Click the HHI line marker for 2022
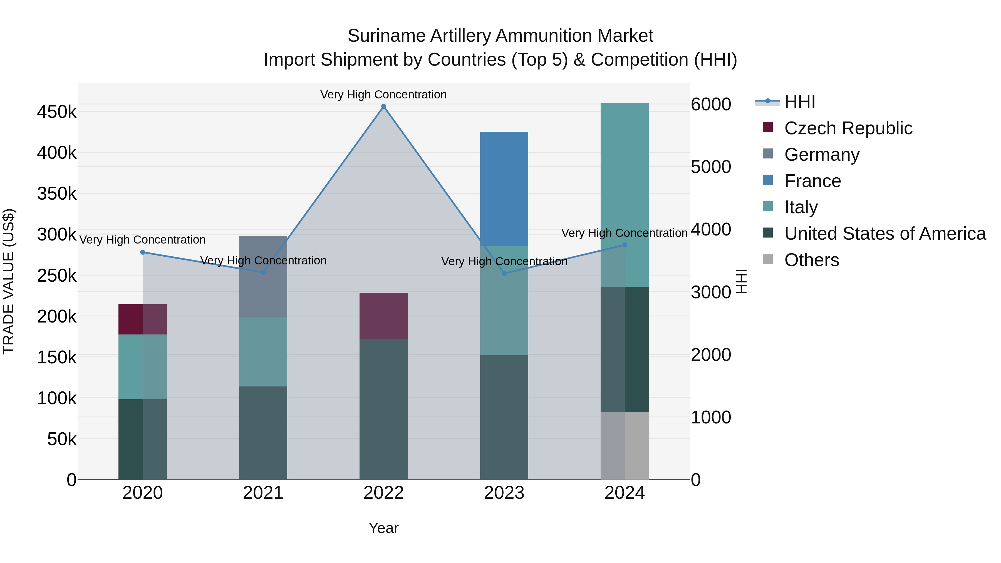383,106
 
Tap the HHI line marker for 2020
143,252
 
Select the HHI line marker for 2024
625,245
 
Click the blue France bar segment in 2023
504,189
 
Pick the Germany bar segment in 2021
263,277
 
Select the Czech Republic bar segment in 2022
383,316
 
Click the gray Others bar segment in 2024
625,445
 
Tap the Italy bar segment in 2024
625,194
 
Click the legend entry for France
812,181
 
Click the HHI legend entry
800,102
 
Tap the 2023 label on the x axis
504,493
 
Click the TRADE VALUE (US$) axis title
9,281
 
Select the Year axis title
383,528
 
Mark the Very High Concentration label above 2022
383,95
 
